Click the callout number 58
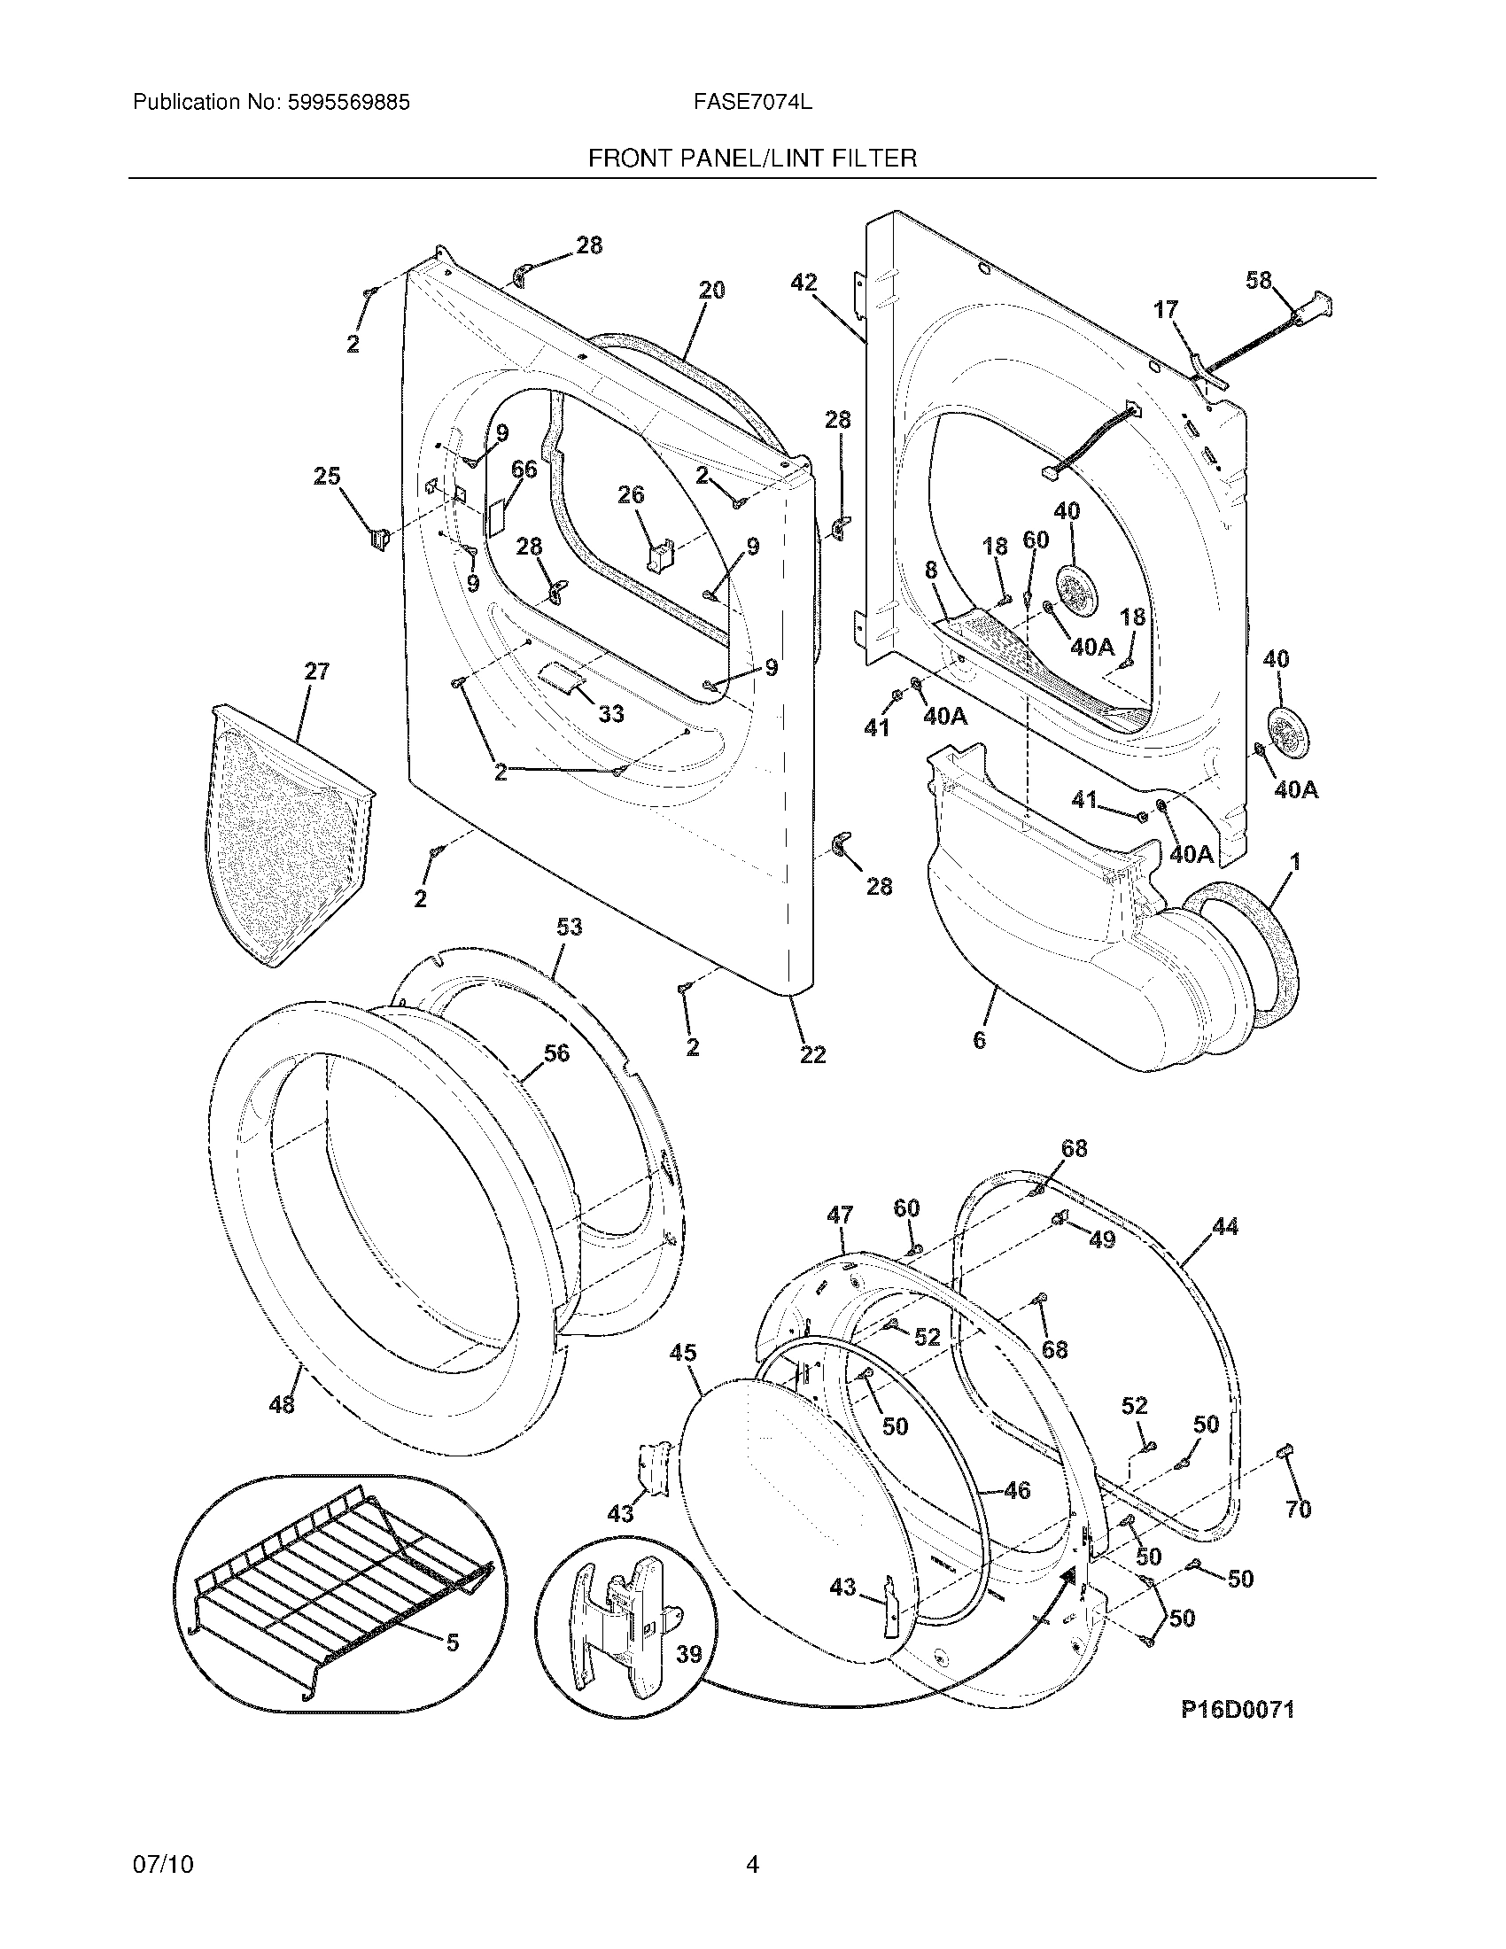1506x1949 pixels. click(1259, 281)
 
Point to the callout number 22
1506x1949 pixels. click(811, 1055)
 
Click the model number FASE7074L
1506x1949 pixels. click(752, 103)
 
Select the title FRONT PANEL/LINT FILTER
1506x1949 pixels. click(752, 159)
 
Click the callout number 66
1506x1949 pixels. click(524, 470)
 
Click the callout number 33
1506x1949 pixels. click(610, 714)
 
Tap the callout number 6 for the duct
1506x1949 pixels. click(979, 1040)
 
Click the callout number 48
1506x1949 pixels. click(282, 1405)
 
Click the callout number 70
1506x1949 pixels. click(1298, 1509)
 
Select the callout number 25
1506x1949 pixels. click(327, 477)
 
